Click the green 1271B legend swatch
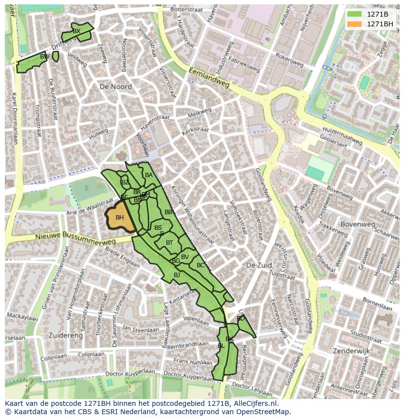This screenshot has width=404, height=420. pyautogui.click(x=355, y=14)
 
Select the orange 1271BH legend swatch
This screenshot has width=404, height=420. pyautogui.click(x=355, y=24)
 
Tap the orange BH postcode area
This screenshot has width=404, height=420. pyautogui.click(x=120, y=218)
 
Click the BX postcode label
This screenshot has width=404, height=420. pyautogui.click(x=76, y=31)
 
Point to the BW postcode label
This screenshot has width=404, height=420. pyautogui.click(x=44, y=57)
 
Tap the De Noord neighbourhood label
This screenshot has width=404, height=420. pyautogui.click(x=116, y=86)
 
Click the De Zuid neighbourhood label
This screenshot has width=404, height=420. pyautogui.click(x=259, y=265)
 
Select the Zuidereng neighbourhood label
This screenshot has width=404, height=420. pyautogui.click(x=65, y=336)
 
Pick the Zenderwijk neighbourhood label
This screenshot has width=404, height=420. pyautogui.click(x=351, y=351)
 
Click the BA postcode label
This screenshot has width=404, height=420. pyautogui.click(x=149, y=175)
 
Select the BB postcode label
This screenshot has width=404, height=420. pyautogui.click(x=168, y=212)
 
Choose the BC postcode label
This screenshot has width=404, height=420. pyautogui.click(x=201, y=265)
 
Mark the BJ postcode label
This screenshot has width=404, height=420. pyautogui.click(x=177, y=275)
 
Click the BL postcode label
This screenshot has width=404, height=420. pyautogui.click(x=221, y=346)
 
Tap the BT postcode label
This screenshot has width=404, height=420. pyautogui.click(x=169, y=243)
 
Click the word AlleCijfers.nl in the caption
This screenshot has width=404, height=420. pyautogui.click(x=255, y=403)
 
